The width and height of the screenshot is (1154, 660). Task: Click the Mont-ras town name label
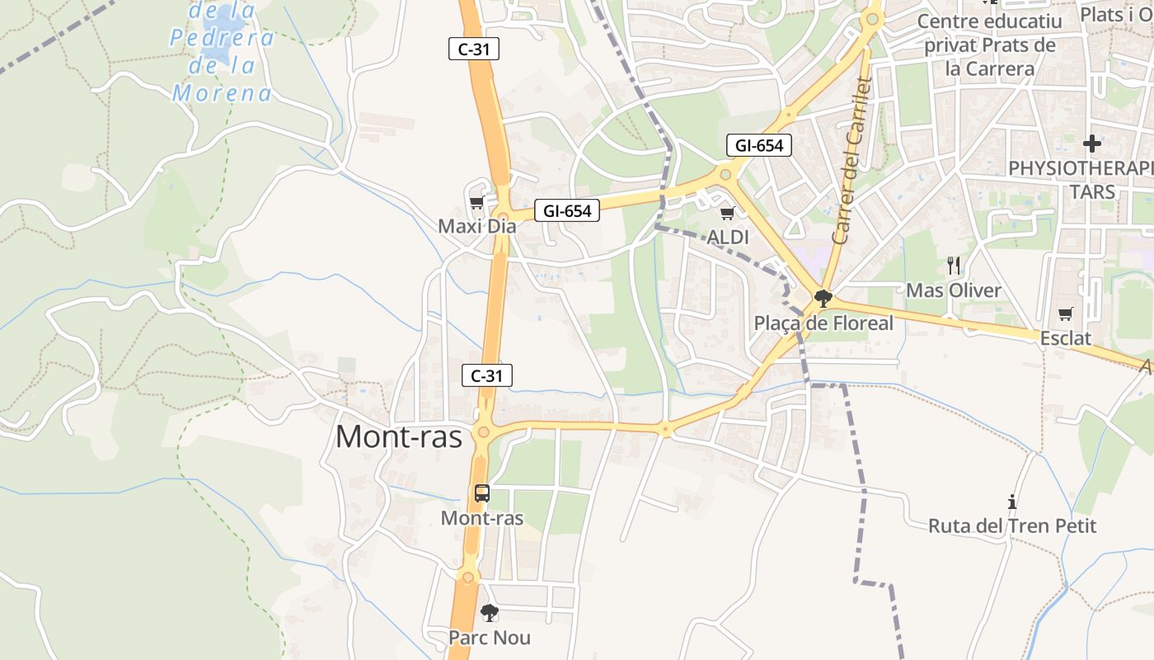pyautogui.click(x=399, y=436)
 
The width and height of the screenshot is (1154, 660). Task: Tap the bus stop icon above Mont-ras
pyautogui.click(x=482, y=493)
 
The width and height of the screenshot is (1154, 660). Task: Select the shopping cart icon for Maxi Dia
pyautogui.click(x=476, y=202)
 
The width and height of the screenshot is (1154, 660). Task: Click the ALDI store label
pyautogui.click(x=728, y=238)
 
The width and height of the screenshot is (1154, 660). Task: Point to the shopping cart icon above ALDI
pyautogui.click(x=727, y=214)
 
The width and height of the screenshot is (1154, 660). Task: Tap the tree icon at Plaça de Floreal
pyautogui.click(x=822, y=298)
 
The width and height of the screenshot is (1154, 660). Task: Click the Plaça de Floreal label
pyautogui.click(x=823, y=323)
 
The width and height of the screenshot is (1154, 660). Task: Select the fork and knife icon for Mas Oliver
pyautogui.click(x=954, y=266)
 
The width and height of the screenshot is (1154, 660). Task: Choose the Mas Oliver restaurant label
pyautogui.click(x=954, y=290)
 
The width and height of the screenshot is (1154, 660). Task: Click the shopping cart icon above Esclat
pyautogui.click(x=1065, y=314)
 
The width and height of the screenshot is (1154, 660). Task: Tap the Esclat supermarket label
pyautogui.click(x=1065, y=338)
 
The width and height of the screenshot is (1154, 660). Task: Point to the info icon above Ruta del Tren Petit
pyautogui.click(x=1011, y=502)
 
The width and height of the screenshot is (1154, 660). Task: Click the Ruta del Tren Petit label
pyautogui.click(x=1012, y=526)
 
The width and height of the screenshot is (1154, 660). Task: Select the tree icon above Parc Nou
pyautogui.click(x=490, y=613)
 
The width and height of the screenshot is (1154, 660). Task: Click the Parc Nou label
pyautogui.click(x=490, y=638)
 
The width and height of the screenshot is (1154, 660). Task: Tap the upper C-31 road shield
pyautogui.click(x=474, y=49)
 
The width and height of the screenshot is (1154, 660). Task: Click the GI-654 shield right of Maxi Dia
pyautogui.click(x=567, y=211)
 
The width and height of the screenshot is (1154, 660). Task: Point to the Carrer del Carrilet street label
pyautogui.click(x=854, y=161)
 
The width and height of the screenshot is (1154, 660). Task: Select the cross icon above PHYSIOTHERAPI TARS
pyautogui.click(x=1092, y=144)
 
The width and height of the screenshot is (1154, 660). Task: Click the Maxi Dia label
pyautogui.click(x=476, y=226)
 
